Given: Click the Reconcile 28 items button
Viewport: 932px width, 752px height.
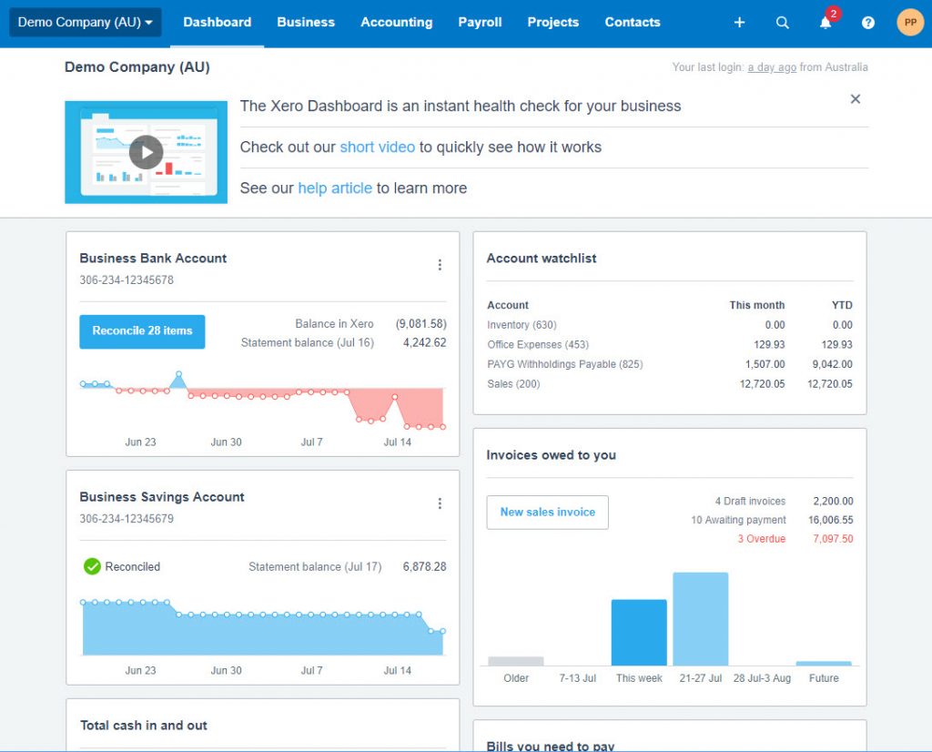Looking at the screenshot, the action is point(142,331).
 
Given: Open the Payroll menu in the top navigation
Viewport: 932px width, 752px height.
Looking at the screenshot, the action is point(480,22).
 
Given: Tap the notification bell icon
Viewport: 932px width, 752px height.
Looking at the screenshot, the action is point(825,23).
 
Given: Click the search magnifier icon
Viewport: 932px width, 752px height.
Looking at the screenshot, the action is point(782,23).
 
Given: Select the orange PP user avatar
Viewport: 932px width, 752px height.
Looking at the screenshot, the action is point(910,22).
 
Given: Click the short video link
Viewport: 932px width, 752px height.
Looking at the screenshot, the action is point(378,147).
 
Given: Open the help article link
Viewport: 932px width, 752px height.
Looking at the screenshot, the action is point(335,188).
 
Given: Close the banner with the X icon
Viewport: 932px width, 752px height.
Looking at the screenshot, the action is point(856,98).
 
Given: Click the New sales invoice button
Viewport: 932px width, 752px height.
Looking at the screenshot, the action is point(547,512).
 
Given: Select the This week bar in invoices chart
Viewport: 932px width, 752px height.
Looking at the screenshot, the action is point(639,633).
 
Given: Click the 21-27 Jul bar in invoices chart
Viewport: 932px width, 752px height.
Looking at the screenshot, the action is point(700,619).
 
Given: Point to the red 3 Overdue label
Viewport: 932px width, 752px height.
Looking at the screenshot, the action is point(762,539).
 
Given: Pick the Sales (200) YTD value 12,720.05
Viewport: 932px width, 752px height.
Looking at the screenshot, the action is point(830,384).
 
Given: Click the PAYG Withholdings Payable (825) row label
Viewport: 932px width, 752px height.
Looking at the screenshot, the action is point(564,364).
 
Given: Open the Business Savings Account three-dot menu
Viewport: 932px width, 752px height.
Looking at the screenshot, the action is point(440,503).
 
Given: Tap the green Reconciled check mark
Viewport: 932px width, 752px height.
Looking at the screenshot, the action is point(92,566).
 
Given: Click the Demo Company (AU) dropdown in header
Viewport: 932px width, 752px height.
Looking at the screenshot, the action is point(85,23).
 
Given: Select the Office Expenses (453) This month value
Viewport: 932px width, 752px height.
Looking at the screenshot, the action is point(769,345).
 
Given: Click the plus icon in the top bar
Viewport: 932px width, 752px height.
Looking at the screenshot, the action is point(739,23).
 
